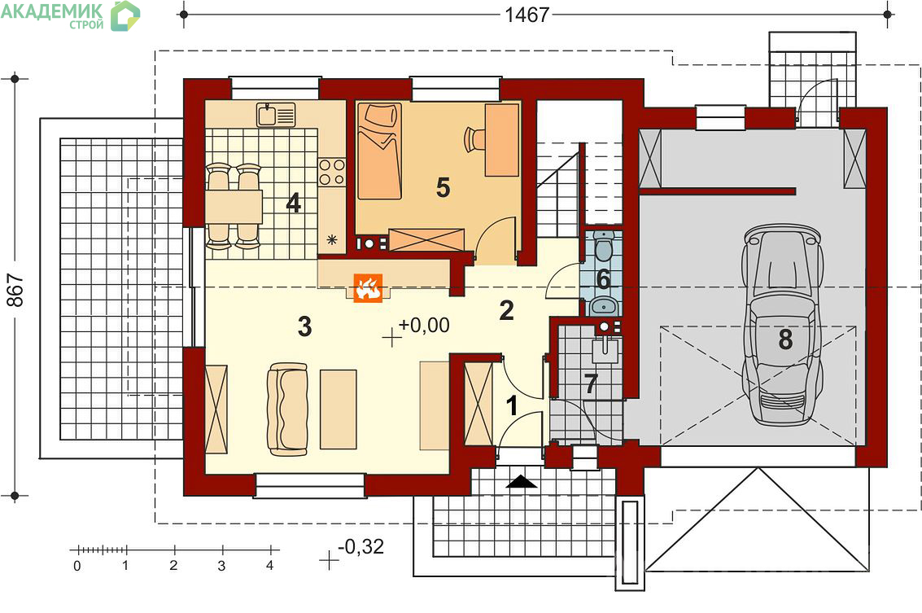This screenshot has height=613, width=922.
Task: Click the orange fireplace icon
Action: pos(368,288)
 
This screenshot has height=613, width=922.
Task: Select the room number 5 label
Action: pos(444,188)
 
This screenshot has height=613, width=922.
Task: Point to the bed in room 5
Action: pos(380,151)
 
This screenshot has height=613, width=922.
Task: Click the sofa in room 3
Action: pos(287,409)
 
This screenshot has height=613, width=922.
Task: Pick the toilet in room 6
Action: pos(604,247)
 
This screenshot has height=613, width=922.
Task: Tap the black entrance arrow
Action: pos(522,483)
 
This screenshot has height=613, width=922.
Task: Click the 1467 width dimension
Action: pos(527,14)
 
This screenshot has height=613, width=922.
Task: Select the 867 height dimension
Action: pos(15,290)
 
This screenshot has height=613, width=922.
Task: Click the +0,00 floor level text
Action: pos(424,325)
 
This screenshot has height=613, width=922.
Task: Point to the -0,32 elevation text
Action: pos(361,546)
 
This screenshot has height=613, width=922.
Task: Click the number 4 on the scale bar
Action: pos(270,566)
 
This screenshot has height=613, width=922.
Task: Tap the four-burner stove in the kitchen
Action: pos(332,173)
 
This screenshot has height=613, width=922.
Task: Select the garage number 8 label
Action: pos(785,339)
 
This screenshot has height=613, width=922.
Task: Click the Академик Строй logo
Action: pos(71,16)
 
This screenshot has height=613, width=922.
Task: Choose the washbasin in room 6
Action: pos(603,305)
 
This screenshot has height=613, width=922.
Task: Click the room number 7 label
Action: pos(591,384)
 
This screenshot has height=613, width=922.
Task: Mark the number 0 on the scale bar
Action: pos(77,566)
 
